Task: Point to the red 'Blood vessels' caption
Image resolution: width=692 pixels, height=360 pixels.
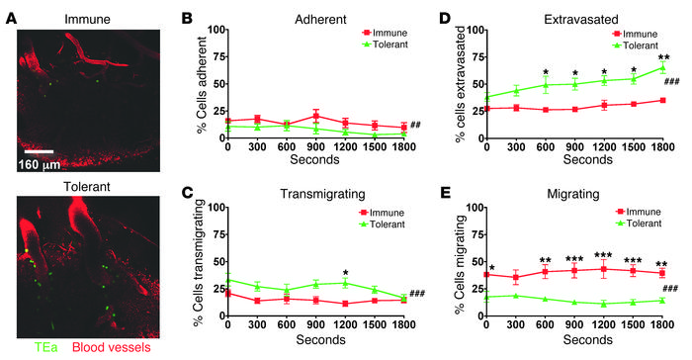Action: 116,347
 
